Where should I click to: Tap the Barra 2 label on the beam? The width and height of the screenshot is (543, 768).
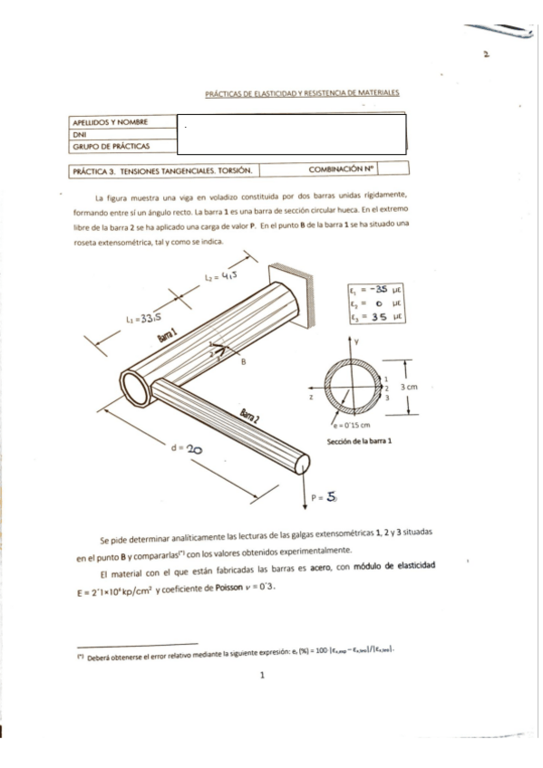(x=251, y=417)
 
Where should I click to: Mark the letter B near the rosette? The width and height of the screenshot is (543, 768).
(x=243, y=360)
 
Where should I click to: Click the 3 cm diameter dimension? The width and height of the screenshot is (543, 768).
(x=410, y=386)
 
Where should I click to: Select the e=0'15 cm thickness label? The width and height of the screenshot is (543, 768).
(x=349, y=424)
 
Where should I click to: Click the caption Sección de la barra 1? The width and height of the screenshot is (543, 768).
(x=359, y=441)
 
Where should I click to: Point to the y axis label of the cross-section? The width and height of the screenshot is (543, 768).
(x=357, y=341)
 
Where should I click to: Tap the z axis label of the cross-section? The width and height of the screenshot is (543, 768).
(x=310, y=397)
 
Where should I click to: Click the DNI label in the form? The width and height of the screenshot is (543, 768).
(x=79, y=134)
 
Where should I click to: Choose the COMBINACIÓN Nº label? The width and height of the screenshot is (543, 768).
(x=342, y=168)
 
